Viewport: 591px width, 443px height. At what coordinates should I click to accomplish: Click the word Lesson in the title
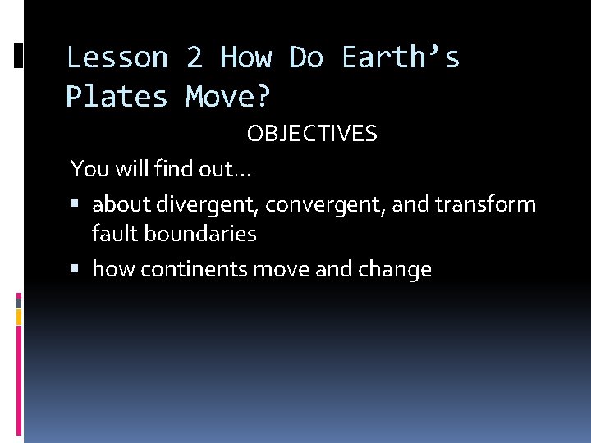(x=117, y=58)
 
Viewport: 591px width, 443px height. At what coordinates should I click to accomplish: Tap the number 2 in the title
(x=194, y=58)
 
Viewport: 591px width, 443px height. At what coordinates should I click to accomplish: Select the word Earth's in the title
(x=401, y=58)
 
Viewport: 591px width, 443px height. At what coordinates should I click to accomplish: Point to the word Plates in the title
(x=117, y=97)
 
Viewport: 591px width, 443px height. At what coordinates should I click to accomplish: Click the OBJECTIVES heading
(x=312, y=135)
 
